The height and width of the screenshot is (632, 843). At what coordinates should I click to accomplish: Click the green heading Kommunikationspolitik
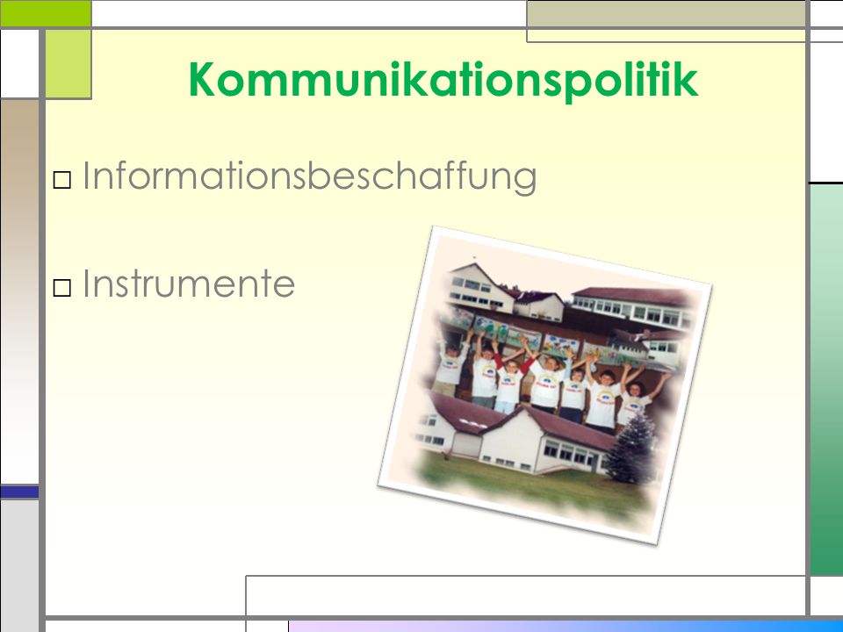click(443, 80)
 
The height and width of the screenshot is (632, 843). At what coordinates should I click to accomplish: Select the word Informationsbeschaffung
click(310, 176)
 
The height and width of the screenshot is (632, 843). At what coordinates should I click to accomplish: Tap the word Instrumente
click(189, 283)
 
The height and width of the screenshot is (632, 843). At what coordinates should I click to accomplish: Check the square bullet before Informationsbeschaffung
click(62, 180)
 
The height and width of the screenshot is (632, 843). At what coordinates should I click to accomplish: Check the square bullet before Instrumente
click(62, 288)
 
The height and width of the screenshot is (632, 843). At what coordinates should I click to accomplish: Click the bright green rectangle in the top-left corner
click(46, 13)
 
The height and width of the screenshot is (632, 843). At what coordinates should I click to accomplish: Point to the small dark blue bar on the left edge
click(19, 492)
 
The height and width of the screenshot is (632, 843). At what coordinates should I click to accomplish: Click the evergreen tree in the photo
click(633, 449)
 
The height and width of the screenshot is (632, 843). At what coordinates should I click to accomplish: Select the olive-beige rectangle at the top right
click(666, 14)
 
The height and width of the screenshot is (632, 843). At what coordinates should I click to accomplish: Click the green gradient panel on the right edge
click(826, 379)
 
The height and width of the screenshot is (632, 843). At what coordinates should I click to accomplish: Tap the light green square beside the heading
click(68, 64)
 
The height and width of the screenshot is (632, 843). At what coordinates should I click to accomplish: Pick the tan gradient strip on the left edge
click(19, 291)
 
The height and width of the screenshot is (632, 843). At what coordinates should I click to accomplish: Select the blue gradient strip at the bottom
click(566, 627)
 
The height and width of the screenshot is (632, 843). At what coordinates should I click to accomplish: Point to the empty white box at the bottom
click(526, 595)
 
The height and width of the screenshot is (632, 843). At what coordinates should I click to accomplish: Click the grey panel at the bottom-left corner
click(19, 565)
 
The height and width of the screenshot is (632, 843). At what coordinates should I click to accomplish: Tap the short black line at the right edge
click(826, 183)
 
